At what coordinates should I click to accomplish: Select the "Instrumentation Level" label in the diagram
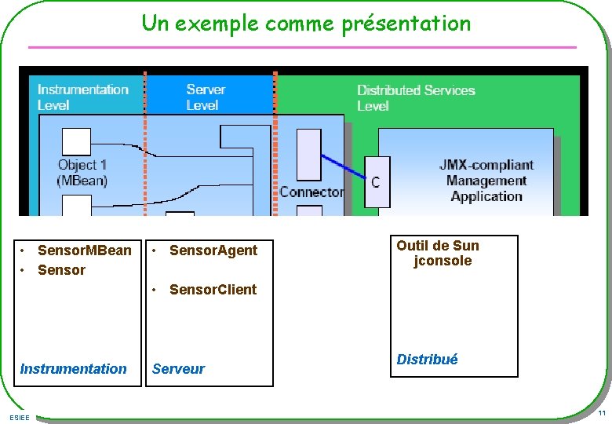pyautogui.click(x=82, y=97)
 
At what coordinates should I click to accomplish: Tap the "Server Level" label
pyautogui.click(x=206, y=97)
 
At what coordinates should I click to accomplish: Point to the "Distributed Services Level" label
pyautogui.click(x=416, y=97)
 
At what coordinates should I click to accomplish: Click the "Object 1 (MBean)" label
pyautogui.click(x=82, y=173)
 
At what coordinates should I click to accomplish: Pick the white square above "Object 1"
pyautogui.click(x=76, y=141)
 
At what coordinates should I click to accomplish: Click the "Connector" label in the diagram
pyautogui.click(x=311, y=192)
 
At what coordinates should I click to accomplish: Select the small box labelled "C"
pyautogui.click(x=377, y=182)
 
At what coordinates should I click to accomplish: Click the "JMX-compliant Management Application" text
pyautogui.click(x=486, y=181)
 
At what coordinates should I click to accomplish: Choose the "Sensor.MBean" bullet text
pyautogui.click(x=85, y=250)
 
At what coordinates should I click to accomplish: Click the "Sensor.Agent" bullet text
pyautogui.click(x=213, y=250)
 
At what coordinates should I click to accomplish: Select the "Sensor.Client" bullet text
pyautogui.click(x=213, y=290)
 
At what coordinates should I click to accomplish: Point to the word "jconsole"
pyautogui.click(x=443, y=261)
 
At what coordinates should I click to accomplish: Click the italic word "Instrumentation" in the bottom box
pyautogui.click(x=73, y=369)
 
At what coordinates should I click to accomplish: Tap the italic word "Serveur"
pyautogui.click(x=178, y=369)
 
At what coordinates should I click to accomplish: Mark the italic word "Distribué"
pyautogui.click(x=427, y=360)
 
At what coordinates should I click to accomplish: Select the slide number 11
pyautogui.click(x=601, y=414)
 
